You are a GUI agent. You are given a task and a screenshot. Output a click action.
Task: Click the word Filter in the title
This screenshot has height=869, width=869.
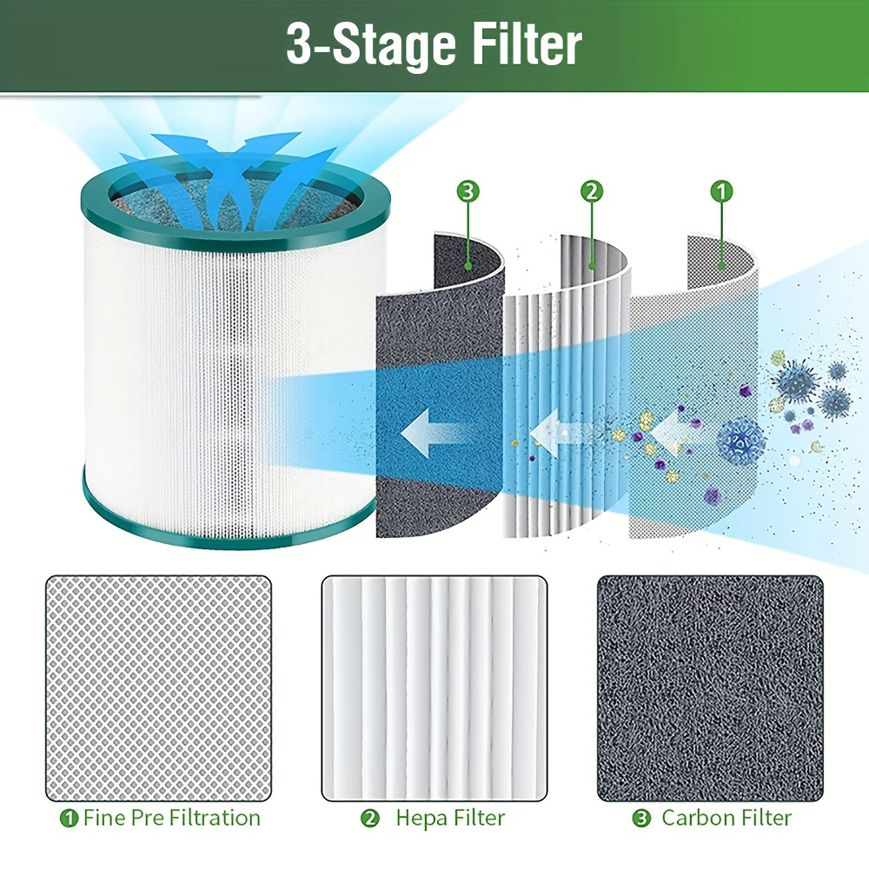click(x=527, y=44)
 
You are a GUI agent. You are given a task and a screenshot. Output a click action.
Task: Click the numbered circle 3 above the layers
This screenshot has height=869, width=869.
click(x=468, y=191)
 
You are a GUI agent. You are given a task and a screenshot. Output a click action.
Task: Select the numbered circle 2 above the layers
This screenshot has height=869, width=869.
click(x=592, y=191)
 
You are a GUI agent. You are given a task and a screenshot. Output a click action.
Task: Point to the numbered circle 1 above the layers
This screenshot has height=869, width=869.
click(x=721, y=191)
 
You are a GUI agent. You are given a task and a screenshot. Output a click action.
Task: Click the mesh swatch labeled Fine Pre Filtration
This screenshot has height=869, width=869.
click(x=158, y=688)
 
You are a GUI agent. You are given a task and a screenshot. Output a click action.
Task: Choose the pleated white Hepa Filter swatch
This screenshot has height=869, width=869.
click(x=434, y=688)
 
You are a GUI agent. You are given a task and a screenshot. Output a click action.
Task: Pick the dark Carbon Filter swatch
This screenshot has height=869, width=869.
click(x=710, y=688)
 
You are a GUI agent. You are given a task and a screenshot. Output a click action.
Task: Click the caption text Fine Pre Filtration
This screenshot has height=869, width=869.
click(x=172, y=818)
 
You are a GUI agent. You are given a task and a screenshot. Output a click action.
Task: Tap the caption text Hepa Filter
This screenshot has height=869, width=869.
click(x=450, y=819)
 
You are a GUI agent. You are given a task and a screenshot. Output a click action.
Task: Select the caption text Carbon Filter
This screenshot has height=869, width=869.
click(x=726, y=818)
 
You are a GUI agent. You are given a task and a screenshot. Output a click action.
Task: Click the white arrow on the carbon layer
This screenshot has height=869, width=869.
click(x=436, y=433)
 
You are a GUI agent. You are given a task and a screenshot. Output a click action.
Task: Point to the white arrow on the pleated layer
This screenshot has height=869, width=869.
click(x=560, y=432)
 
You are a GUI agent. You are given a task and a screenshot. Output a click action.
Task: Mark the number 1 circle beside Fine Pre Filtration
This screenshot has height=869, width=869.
click(x=69, y=819)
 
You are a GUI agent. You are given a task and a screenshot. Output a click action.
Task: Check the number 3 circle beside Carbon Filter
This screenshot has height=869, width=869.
click(x=642, y=819)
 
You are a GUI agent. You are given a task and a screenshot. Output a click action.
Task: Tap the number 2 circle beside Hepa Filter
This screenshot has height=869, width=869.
click(x=369, y=819)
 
